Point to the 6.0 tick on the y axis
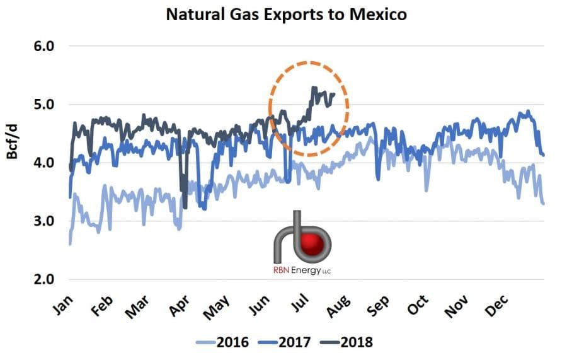pyautogui.click(x=45, y=46)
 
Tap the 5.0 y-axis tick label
pyautogui.click(x=45, y=104)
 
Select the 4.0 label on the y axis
pyautogui.click(x=45, y=163)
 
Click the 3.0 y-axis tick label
pyautogui.click(x=45, y=221)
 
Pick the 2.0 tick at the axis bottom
pyautogui.click(x=45, y=279)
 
